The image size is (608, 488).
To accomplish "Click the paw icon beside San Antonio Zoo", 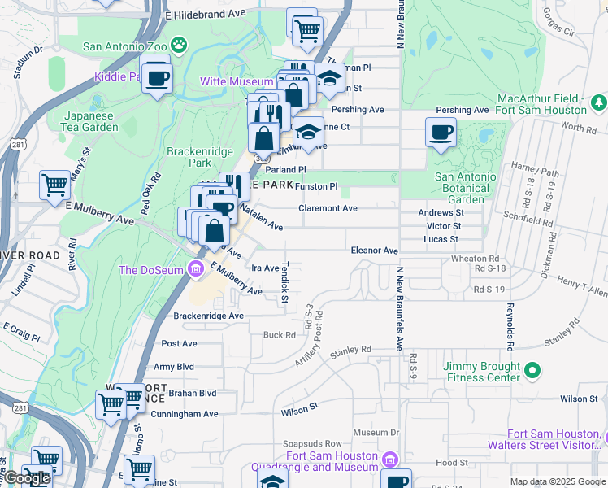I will [179, 46].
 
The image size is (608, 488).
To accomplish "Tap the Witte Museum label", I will [237, 82].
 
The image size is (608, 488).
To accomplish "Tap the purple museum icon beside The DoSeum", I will [195, 270].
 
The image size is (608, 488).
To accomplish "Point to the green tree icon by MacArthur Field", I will [598, 103].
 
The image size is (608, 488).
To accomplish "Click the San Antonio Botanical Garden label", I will [465, 188].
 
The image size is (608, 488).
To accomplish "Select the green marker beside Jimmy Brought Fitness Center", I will [532, 372].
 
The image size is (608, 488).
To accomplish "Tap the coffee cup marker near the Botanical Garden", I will [441, 133].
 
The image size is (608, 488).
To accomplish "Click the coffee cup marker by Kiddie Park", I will [157, 79].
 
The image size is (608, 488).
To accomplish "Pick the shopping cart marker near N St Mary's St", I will [55, 185].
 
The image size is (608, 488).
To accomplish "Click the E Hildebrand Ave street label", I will [204, 15].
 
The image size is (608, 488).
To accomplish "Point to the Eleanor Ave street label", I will [374, 251].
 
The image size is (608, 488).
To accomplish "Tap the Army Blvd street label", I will [174, 368].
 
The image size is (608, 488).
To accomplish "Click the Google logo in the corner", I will [26, 478].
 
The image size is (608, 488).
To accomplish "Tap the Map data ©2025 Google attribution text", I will [557, 481].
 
